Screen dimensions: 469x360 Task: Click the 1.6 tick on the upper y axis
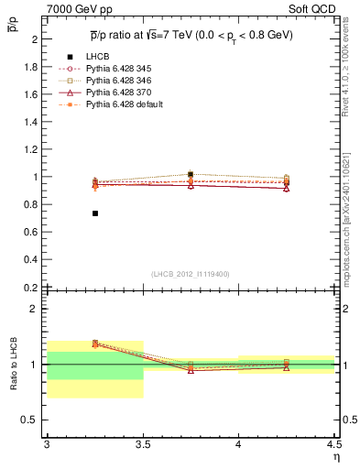click(x=31, y=94)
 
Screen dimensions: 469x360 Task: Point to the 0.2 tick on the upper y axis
click(x=31, y=287)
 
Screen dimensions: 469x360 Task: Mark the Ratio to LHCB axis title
click(x=14, y=365)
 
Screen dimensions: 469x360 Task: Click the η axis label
click(x=335, y=456)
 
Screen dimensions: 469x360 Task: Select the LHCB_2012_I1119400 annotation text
click(x=190, y=274)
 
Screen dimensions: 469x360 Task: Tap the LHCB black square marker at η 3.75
click(x=191, y=174)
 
